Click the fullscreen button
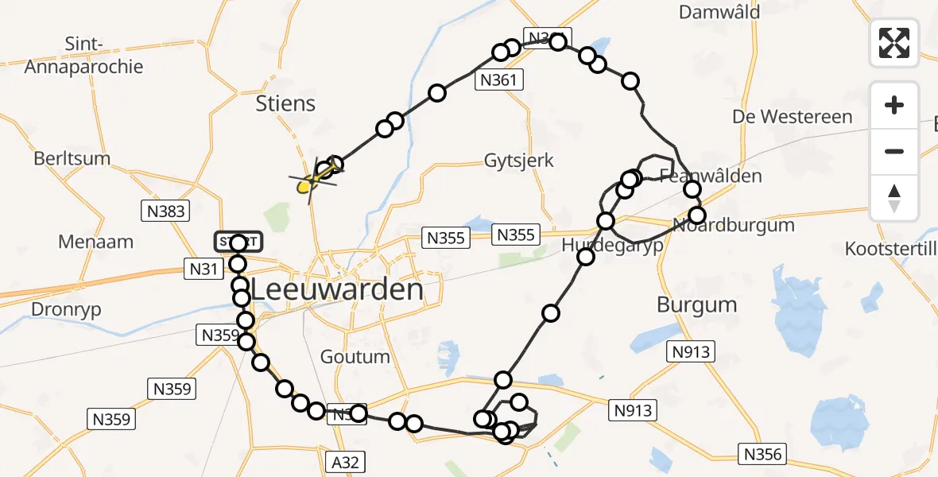tap(894, 43)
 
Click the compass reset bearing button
tap(894, 198)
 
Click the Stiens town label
tap(286, 103)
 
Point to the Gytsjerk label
tap(519, 161)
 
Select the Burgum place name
tap(697, 304)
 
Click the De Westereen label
tap(793, 117)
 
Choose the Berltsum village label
tap(72, 158)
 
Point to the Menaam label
tap(95, 242)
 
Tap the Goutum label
tap(355, 357)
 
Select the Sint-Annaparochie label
tap(83, 56)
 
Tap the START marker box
tap(238, 241)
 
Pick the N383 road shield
tap(166, 211)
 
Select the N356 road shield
tap(763, 455)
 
